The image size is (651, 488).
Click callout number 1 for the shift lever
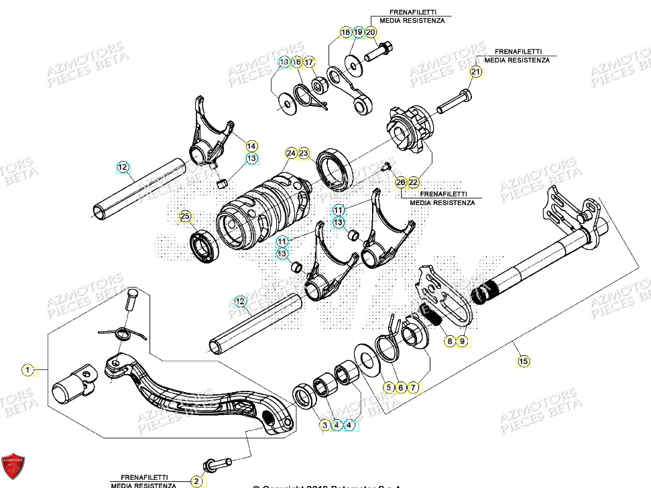point(27,369)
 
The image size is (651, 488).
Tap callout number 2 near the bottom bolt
point(196,481)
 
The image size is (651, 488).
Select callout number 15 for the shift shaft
point(523,361)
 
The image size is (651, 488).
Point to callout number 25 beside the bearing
point(186,216)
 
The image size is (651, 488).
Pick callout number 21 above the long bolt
point(475,72)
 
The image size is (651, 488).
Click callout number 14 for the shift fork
point(251,145)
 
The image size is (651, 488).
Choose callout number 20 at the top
point(371,32)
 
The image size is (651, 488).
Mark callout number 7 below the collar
point(413,387)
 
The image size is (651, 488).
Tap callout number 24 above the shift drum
point(290,154)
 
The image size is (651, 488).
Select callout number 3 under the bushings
point(324,425)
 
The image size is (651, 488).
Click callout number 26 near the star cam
point(400,182)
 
